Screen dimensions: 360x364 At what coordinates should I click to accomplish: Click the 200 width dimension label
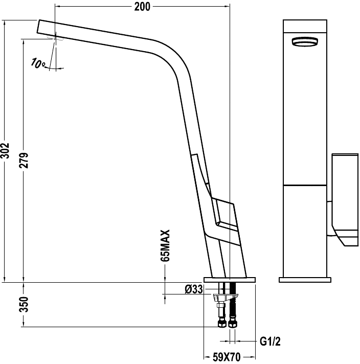[142, 7]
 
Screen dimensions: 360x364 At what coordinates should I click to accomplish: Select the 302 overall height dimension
[5, 151]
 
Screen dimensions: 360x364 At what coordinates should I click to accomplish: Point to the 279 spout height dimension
[24, 160]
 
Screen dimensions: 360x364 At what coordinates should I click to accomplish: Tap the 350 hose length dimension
[24, 304]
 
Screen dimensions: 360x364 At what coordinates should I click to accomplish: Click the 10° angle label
[37, 63]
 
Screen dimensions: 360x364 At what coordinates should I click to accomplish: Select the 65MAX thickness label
[165, 245]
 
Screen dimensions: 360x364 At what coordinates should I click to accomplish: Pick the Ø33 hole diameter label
[194, 289]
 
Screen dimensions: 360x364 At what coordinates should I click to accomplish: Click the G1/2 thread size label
[270, 342]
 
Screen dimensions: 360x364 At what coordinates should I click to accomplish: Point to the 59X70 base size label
[227, 357]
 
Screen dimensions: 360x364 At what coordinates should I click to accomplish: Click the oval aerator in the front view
[305, 42]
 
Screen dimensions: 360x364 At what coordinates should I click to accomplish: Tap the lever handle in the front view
[345, 200]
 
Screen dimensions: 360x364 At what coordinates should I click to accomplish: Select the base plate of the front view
[305, 280]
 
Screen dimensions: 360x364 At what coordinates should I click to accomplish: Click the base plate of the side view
[230, 280]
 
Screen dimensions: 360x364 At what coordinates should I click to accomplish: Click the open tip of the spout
[38, 26]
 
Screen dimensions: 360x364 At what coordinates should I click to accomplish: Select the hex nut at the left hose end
[221, 324]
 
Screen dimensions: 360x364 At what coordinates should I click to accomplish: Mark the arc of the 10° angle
[55, 69]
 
